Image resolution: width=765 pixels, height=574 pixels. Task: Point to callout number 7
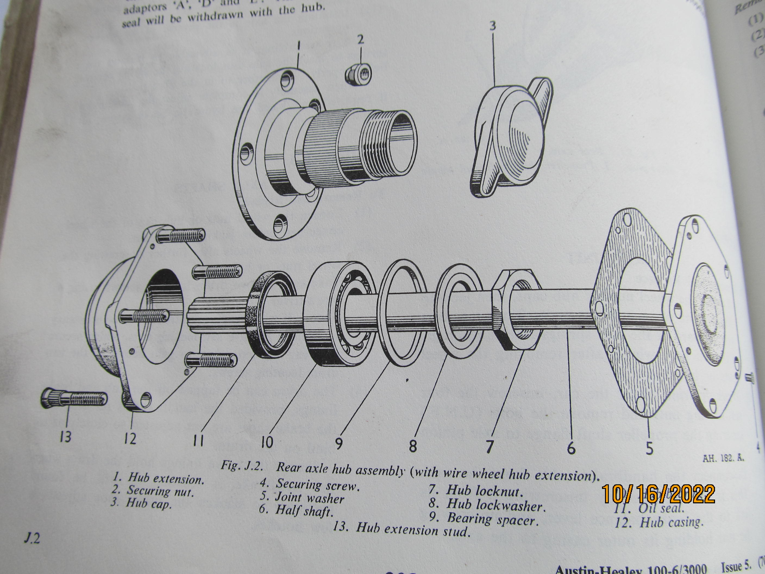489,446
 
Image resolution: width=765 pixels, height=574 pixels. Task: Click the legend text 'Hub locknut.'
483,491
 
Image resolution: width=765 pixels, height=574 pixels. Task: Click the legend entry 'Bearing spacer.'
493,520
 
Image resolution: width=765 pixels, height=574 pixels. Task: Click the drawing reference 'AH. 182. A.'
723,458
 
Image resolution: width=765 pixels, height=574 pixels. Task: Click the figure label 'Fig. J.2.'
242,466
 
